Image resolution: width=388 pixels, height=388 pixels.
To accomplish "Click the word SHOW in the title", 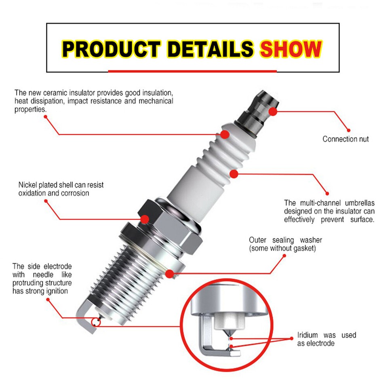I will [x=290, y=48].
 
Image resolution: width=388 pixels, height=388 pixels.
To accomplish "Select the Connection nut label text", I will [x=346, y=139].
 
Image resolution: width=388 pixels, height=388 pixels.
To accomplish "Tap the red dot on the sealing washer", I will [x=170, y=274].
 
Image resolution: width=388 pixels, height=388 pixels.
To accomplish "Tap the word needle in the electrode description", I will [x=40, y=274].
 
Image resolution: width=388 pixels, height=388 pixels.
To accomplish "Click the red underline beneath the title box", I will [x=192, y=71].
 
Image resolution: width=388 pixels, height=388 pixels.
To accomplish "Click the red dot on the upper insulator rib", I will [x=224, y=134].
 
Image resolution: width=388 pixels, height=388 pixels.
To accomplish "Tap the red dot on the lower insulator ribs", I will [x=234, y=174].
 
